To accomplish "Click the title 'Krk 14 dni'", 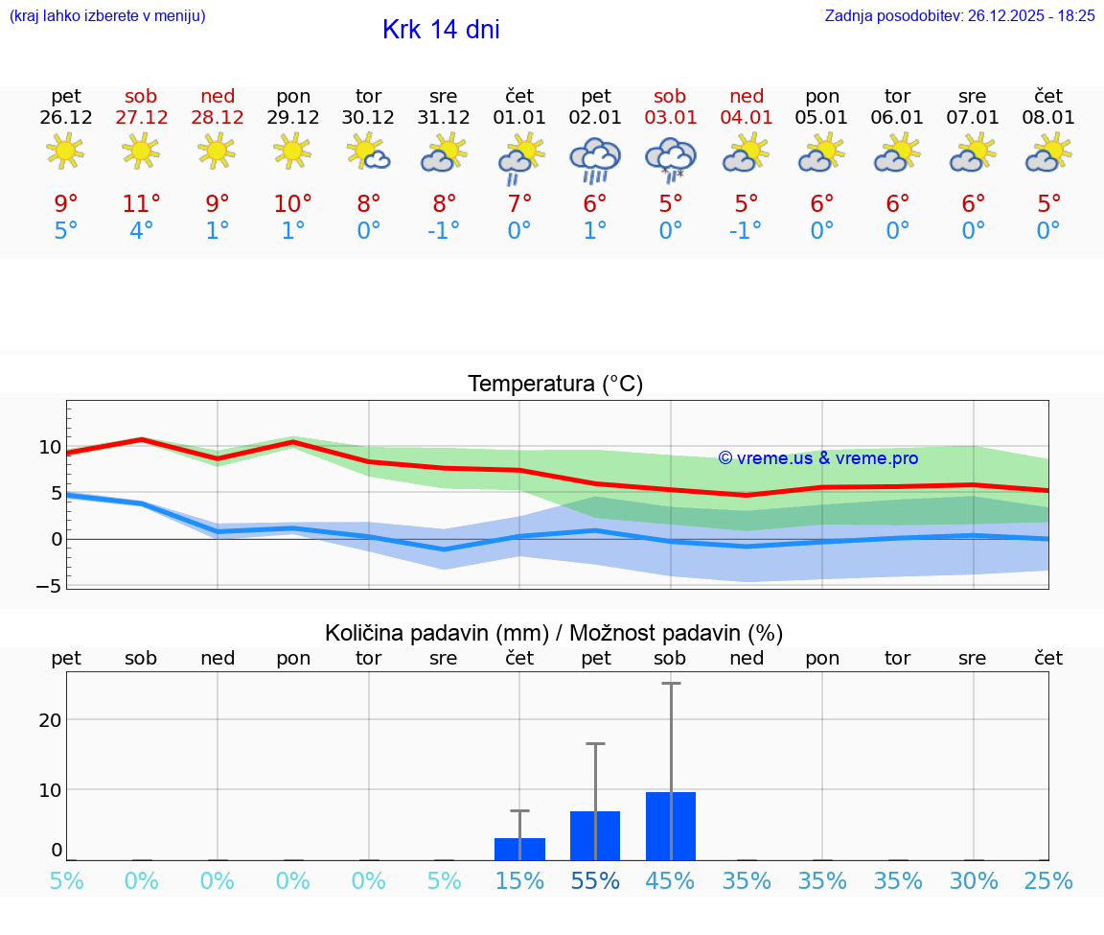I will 441,30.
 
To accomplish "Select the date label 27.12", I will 141,117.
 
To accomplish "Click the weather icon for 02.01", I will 595,159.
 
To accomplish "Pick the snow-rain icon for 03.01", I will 670,159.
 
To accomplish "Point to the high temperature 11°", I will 141,204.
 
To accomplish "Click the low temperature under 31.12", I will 444,231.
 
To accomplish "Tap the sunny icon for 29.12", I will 292,151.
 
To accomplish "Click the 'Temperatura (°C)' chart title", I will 555,384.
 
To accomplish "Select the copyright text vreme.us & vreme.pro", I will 817,458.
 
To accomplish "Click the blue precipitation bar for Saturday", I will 671,826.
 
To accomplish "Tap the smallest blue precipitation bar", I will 519,849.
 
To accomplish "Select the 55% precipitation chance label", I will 595,880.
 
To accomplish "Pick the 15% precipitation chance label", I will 519,880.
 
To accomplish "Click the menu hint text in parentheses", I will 107,15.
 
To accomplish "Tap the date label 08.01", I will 1048,117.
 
